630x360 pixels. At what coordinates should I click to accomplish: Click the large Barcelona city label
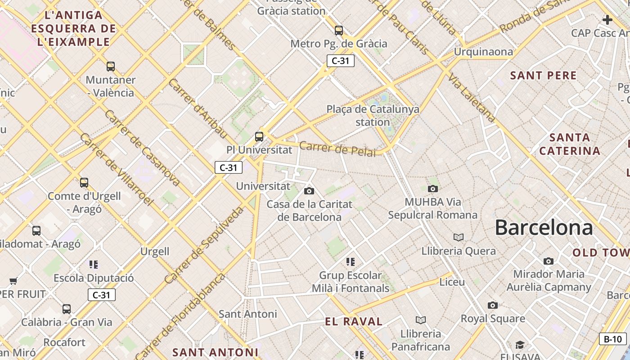click(544, 228)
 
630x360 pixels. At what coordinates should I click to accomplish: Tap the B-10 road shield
click(613, 339)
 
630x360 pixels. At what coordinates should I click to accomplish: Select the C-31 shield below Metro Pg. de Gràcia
click(340, 61)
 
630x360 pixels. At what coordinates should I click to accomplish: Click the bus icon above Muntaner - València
click(111, 67)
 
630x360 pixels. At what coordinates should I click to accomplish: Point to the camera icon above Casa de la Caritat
click(309, 191)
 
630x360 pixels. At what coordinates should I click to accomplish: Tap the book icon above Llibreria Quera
click(459, 237)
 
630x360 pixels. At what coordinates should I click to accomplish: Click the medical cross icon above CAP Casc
click(607, 20)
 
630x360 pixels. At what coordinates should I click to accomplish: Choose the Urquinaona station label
click(483, 52)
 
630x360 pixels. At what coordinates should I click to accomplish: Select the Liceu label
click(452, 282)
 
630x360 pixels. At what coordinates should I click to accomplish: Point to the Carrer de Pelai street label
click(337, 149)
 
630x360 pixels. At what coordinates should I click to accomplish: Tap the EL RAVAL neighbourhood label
click(354, 322)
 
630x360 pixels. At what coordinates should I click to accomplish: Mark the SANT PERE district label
click(543, 76)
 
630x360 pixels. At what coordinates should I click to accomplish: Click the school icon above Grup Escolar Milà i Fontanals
click(351, 261)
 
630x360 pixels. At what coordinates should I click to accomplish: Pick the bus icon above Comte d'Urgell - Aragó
click(84, 182)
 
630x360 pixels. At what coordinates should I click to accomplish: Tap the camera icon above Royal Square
click(493, 305)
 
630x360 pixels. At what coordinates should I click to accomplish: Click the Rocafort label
click(64, 342)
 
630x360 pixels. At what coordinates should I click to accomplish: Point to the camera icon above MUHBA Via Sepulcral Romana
click(432, 189)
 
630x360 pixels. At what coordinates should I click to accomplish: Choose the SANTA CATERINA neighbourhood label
click(570, 144)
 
